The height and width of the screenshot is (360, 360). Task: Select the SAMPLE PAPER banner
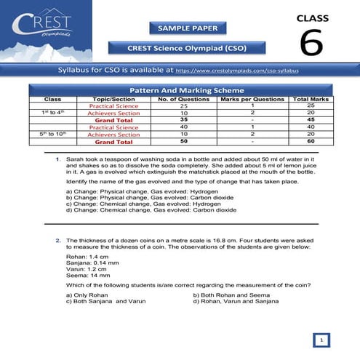(179, 28)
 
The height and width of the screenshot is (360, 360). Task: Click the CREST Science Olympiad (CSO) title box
(179, 48)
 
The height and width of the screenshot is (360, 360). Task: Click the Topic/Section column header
(114, 98)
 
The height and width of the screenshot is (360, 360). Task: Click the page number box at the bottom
(321, 339)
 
